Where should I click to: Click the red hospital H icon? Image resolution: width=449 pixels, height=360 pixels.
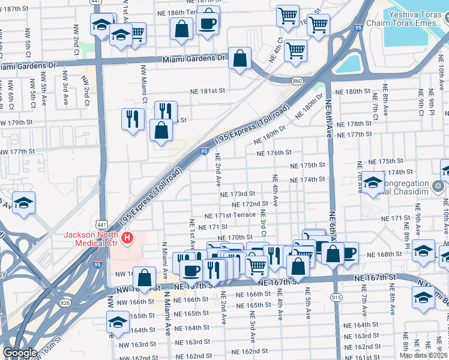point(127,239)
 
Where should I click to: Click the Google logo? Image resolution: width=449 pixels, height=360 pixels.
point(20,353)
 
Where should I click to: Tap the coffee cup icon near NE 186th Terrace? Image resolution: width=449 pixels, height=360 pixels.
point(208,23)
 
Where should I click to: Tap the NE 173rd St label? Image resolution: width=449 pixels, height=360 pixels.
point(238,194)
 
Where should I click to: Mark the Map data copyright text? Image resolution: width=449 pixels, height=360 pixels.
point(423,355)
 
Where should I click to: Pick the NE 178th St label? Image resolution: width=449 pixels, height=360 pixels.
point(355,124)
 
